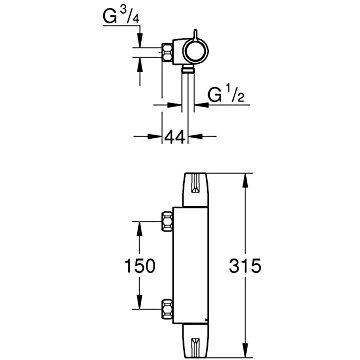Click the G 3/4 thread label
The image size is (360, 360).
click(x=121, y=16)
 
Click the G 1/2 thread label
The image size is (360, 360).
click(x=226, y=95)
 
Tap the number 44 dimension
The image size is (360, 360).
click(x=174, y=137)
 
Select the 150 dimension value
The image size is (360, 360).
click(x=140, y=266)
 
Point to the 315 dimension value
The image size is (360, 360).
click(x=244, y=266)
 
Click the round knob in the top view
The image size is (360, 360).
click(x=196, y=51)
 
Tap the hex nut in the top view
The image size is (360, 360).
click(x=167, y=52)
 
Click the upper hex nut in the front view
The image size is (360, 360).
click(x=167, y=221)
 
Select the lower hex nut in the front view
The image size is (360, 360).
click(x=167, y=309)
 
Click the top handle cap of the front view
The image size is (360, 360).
click(x=196, y=190)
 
